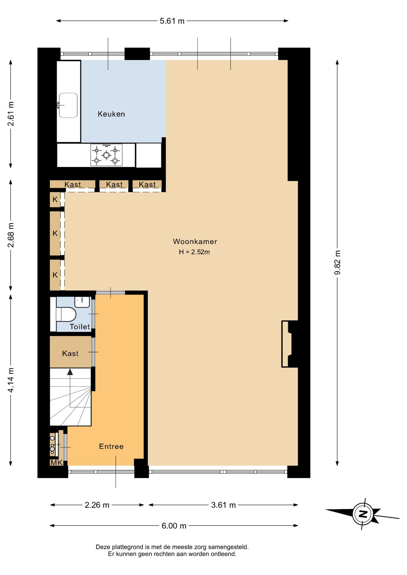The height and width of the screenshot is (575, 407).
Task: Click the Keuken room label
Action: [x=111, y=114]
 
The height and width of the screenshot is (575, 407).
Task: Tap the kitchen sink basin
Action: [x=68, y=105]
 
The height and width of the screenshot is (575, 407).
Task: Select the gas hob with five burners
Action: [x=106, y=155]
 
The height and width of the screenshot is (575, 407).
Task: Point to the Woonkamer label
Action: [x=195, y=241]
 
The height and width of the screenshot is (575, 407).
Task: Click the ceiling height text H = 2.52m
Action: [x=194, y=252]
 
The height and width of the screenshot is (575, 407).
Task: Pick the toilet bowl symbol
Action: [x=66, y=314]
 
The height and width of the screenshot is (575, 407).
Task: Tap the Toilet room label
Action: [x=80, y=327]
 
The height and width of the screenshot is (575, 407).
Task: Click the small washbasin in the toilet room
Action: [x=82, y=302]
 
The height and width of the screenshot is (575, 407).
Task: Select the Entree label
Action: [x=111, y=447]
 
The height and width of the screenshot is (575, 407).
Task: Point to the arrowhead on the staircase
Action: [x=70, y=372]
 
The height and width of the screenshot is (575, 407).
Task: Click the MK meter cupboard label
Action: [x=56, y=463]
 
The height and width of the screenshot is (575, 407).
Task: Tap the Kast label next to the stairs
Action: [x=70, y=353]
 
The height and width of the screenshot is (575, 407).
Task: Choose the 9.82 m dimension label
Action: [x=337, y=262]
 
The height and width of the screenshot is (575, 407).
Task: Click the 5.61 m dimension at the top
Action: [x=172, y=21]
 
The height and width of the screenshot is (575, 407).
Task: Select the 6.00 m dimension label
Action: [x=174, y=526]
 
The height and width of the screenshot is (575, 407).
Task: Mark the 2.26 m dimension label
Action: [x=97, y=505]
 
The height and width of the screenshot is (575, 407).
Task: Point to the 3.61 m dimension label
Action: [x=223, y=505]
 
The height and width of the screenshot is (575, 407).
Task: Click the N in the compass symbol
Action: [x=363, y=514]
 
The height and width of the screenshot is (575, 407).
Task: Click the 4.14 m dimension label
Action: [x=11, y=380]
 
